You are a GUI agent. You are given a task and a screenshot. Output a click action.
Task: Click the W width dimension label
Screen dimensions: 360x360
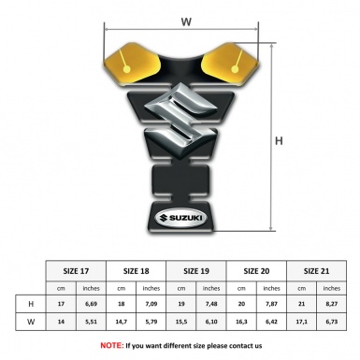(186, 20)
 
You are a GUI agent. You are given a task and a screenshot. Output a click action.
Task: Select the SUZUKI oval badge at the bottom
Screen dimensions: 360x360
(184, 223)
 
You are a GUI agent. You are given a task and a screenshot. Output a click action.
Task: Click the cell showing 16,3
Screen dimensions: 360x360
(242, 322)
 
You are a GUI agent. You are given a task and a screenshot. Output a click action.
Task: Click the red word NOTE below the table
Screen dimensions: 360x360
(111, 345)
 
